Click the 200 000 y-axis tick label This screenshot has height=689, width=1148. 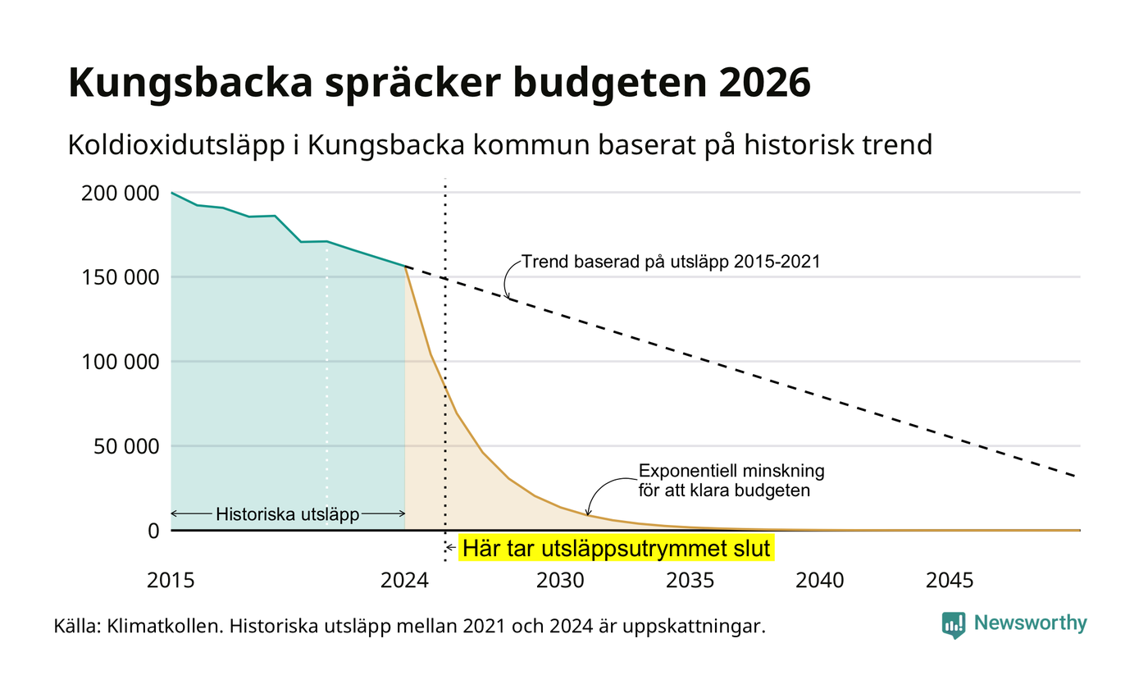click(120, 194)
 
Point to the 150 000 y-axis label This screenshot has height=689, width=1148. click(120, 277)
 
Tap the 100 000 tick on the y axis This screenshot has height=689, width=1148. click(120, 362)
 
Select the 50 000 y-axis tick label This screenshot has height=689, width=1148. click(126, 446)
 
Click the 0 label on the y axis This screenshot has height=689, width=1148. click(153, 532)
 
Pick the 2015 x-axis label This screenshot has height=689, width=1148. click(171, 581)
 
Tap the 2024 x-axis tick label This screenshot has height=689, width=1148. click(404, 581)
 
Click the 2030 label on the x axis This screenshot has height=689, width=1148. click(560, 581)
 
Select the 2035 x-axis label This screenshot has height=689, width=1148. click(690, 581)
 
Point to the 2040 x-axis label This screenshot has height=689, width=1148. click(819, 581)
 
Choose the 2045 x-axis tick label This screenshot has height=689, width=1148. click(950, 581)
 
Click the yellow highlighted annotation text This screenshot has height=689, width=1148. click(616, 549)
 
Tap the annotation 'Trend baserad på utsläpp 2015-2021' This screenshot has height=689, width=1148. click(671, 262)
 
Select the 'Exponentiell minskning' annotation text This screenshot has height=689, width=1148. click(731, 471)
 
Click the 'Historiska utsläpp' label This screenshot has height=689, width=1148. click(288, 514)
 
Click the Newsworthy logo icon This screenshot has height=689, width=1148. click(953, 625)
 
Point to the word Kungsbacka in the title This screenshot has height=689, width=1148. click(190, 84)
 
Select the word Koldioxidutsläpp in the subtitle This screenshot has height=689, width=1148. click(176, 145)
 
